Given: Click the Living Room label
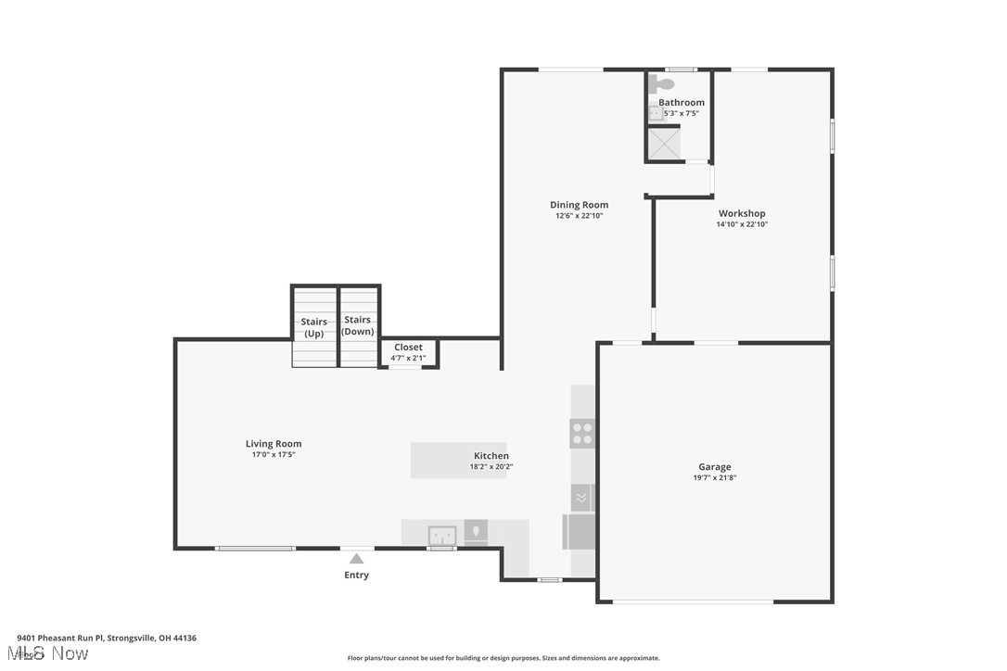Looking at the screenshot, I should point(274,444).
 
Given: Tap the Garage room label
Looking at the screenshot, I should point(714,467).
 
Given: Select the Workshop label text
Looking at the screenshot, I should point(742,213).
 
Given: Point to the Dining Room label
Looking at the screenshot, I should point(579,205).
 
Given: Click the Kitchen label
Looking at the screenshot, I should point(491,456).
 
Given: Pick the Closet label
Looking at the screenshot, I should point(408,348).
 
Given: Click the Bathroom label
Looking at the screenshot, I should point(682,102).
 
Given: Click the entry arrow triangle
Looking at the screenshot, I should point(356,558).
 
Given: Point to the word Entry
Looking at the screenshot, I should point(356,575).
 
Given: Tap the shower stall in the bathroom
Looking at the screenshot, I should point(664,143).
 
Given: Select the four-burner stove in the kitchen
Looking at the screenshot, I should point(582,433).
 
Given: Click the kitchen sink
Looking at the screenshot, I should point(442,535).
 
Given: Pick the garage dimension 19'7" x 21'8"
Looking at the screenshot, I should point(714,478).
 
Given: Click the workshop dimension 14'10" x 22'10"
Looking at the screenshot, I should point(742,224).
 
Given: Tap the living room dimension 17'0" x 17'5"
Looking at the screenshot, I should point(274,455).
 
